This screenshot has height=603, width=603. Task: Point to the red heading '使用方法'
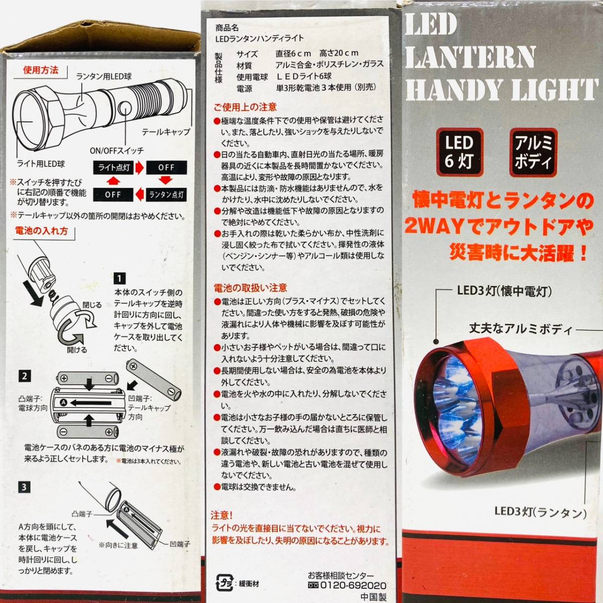[41, 70]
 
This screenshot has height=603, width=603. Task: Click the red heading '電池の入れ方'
[41, 231]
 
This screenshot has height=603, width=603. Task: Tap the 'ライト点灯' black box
[113, 168]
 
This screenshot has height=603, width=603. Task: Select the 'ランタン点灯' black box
[166, 195]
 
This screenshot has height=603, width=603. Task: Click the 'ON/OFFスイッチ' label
[117, 151]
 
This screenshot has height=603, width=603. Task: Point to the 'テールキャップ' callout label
[166, 132]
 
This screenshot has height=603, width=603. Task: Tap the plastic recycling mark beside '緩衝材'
[224, 583]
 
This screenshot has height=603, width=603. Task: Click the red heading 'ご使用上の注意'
[245, 108]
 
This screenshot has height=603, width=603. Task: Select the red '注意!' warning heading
[222, 515]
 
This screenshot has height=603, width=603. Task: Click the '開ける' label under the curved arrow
[77, 350]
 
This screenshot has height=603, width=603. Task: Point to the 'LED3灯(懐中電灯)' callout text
[505, 291]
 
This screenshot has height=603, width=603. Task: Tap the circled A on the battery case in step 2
[64, 403]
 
